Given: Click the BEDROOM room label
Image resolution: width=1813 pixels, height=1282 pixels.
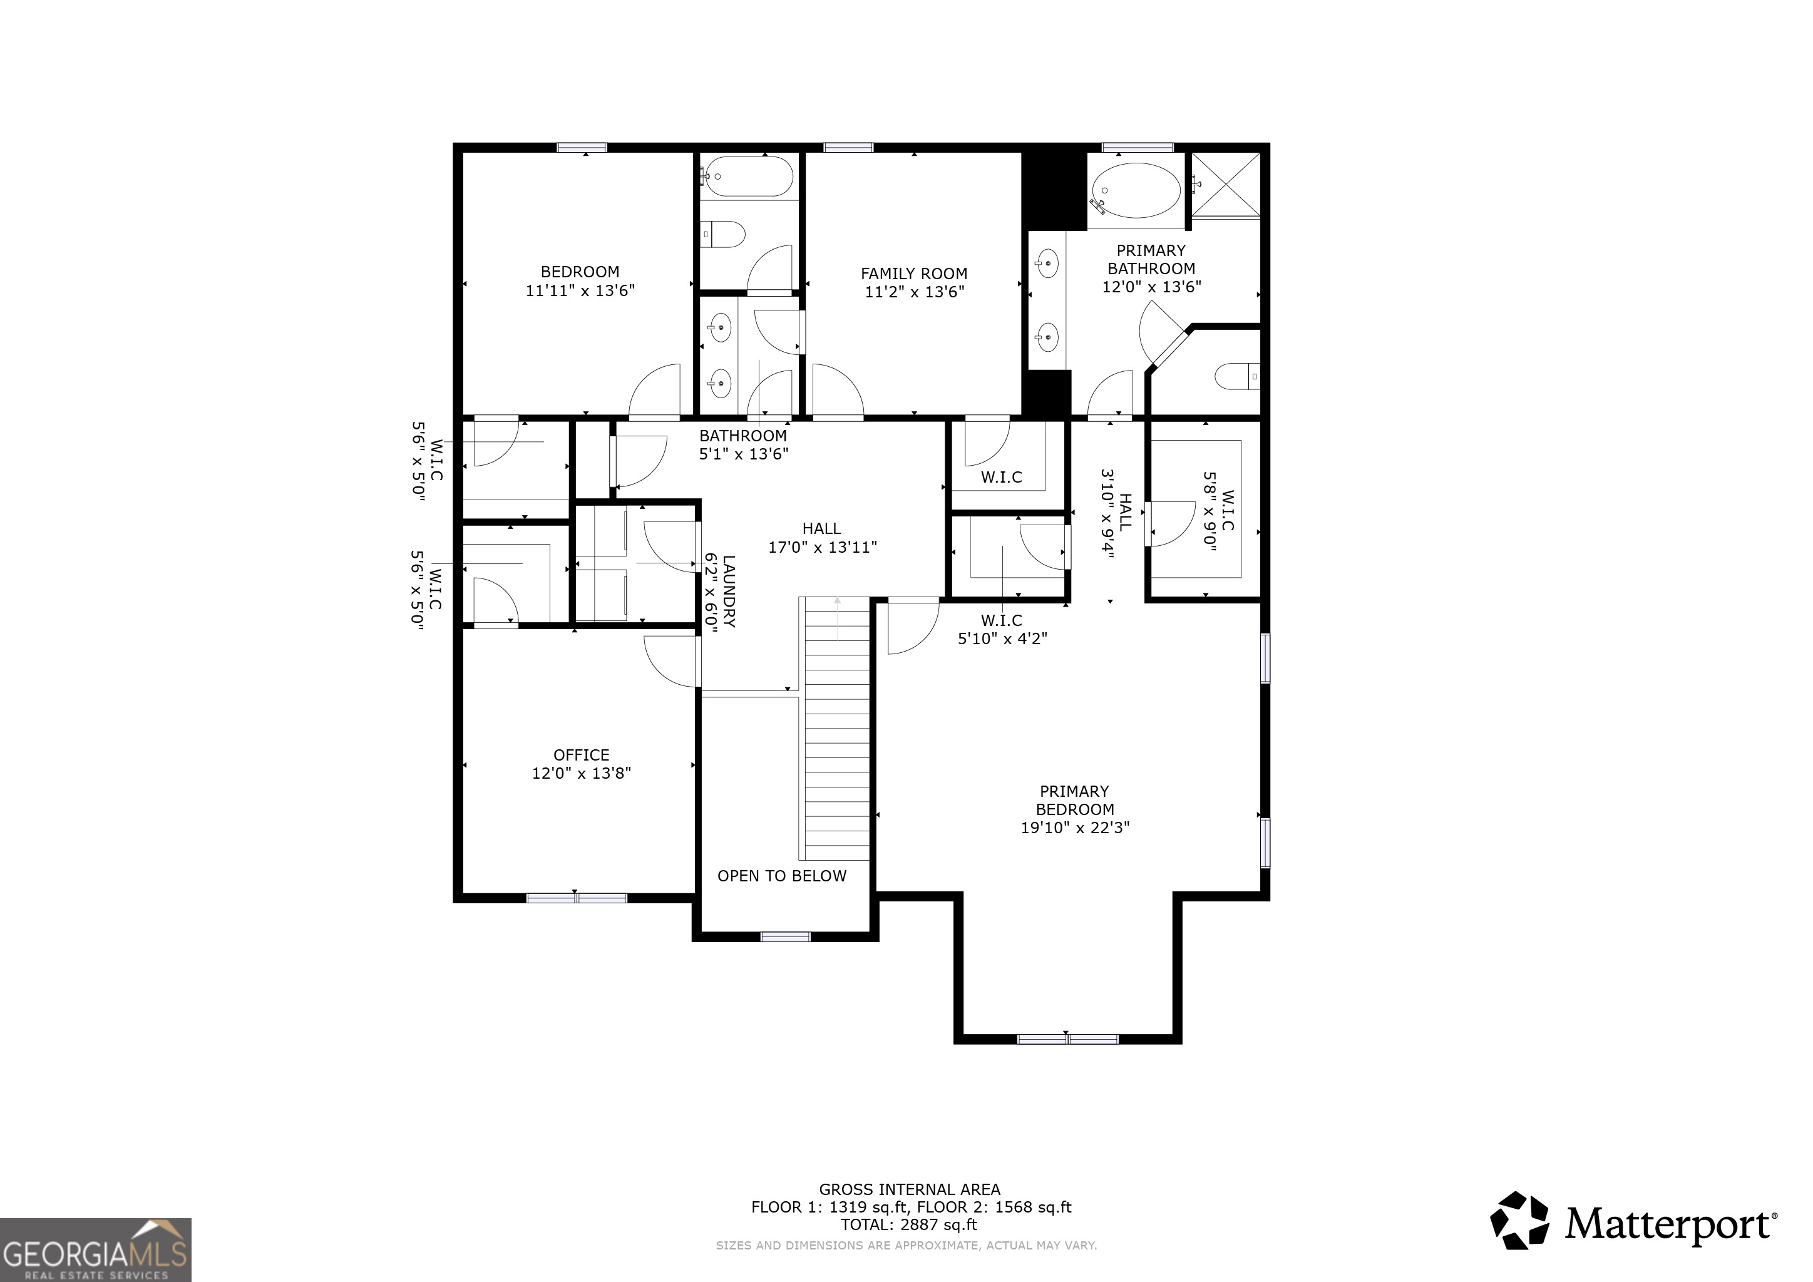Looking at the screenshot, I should tap(580, 272).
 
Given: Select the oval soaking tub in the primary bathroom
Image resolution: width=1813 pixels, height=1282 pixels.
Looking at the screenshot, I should tap(1136, 190).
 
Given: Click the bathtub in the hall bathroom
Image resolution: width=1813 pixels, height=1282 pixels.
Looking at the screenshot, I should tap(747, 177).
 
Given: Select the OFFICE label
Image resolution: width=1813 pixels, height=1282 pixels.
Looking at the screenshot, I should tap(581, 756).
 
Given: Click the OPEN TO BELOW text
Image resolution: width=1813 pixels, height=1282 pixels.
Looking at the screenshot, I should tap(782, 876).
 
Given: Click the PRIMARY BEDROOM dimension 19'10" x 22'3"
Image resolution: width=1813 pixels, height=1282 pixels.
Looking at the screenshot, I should tap(1075, 828).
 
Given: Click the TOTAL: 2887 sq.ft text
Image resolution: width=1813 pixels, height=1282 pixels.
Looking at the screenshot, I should tap(909, 1224).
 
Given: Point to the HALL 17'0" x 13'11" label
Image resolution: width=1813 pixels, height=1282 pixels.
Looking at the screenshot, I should tap(822, 538).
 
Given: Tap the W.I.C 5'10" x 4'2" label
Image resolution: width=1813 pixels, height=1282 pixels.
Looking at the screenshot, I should tap(1002, 629).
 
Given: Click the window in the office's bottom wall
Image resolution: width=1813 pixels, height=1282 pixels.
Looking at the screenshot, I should tap(577, 898).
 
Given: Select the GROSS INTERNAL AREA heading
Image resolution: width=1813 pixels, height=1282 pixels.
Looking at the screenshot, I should tap(909, 1189).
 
